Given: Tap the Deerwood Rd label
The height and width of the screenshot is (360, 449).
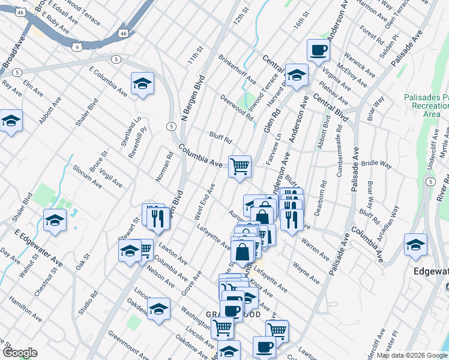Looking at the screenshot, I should pyautogui.click(x=235, y=106).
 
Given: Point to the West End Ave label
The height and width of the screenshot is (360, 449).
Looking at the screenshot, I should pyautogui.click(x=205, y=203).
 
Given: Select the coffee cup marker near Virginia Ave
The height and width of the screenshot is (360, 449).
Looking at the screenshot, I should pyautogui.click(x=318, y=50).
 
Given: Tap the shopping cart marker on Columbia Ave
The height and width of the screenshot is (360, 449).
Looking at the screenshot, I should pyautogui.click(x=240, y=166).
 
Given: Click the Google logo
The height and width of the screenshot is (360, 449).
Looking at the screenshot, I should pyautogui.click(x=20, y=353).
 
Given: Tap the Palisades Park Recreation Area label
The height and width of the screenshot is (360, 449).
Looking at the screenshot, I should pyautogui.click(x=426, y=105).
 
